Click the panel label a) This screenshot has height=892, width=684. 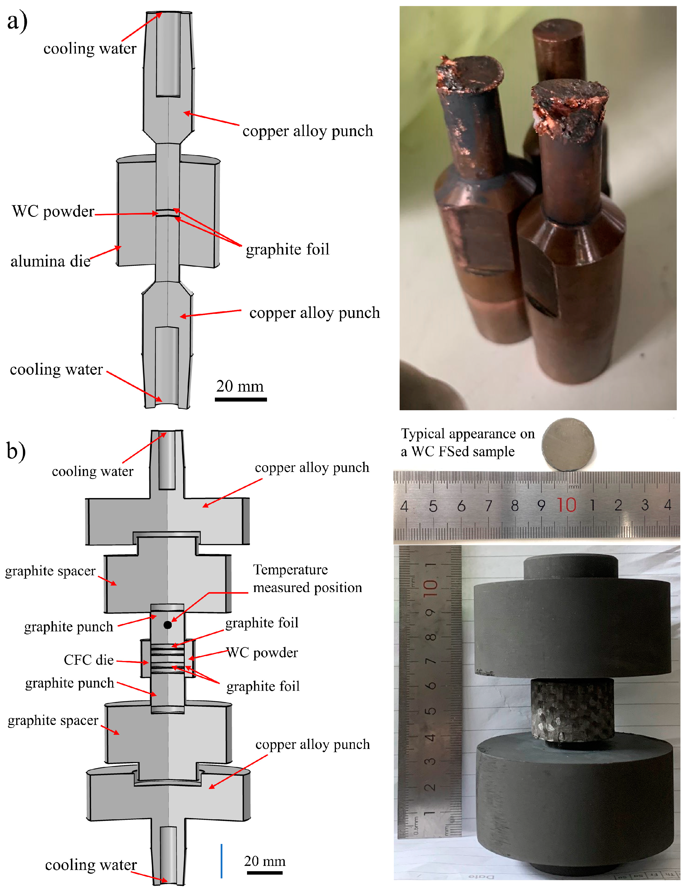[x=17, y=21]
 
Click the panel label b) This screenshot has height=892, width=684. [x=16, y=451]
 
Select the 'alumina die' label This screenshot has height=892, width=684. [x=50, y=261]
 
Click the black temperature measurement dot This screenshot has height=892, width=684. [x=167, y=625]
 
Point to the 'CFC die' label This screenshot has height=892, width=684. [x=88, y=660]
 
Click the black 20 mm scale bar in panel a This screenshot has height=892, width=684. [x=241, y=400]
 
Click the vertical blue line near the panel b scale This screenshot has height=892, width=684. [x=222, y=861]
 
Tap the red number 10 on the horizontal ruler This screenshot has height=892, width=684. [x=566, y=505]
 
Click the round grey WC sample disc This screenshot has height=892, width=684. [x=568, y=445]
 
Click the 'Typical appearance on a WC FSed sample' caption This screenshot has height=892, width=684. [x=467, y=443]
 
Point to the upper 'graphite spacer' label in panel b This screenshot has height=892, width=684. [x=50, y=571]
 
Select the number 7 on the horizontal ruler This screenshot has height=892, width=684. [x=488, y=506]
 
